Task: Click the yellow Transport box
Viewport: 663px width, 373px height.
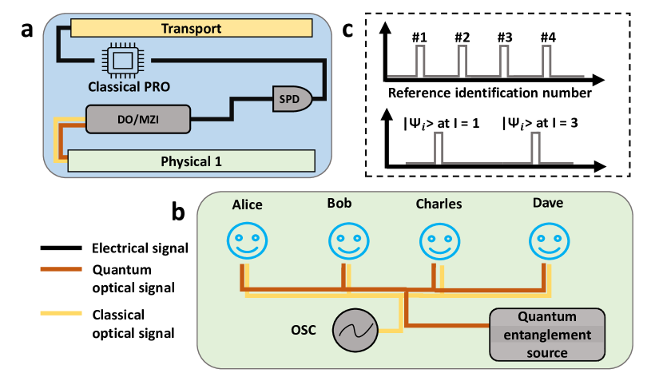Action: pyautogui.click(x=191, y=28)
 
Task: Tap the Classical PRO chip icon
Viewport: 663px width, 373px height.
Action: pyautogui.click(x=123, y=61)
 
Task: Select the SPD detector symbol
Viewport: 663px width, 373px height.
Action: pyautogui.click(x=292, y=99)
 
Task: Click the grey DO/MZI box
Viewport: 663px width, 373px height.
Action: pyautogui.click(x=138, y=119)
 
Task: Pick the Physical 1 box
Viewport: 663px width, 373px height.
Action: pyautogui.click(x=191, y=161)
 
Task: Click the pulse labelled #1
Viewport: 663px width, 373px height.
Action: pyautogui.click(x=420, y=62)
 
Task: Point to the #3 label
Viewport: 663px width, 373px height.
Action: pyautogui.click(x=505, y=38)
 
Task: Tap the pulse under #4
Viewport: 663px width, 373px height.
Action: pyautogui.click(x=546, y=62)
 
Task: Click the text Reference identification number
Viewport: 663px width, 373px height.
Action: pyautogui.click(x=490, y=93)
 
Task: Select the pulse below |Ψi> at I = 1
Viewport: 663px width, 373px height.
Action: pyautogui.click(x=439, y=148)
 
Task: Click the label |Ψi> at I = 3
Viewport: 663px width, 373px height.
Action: pyautogui.click(x=540, y=123)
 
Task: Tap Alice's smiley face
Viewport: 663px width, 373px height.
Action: pyautogui.click(x=247, y=240)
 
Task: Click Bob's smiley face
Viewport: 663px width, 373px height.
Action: pyautogui.click(x=349, y=240)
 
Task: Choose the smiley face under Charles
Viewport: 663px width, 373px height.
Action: pyautogui.click(x=440, y=241)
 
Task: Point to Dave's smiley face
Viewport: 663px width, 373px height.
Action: pyautogui.click(x=550, y=240)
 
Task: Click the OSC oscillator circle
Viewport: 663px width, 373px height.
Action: pyautogui.click(x=355, y=330)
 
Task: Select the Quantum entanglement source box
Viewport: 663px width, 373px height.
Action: pyautogui.click(x=547, y=335)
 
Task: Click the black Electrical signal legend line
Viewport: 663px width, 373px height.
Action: pyautogui.click(x=61, y=248)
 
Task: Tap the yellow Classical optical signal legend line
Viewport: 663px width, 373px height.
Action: pyautogui.click(x=61, y=313)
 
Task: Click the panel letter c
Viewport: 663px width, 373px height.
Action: pyautogui.click(x=347, y=30)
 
